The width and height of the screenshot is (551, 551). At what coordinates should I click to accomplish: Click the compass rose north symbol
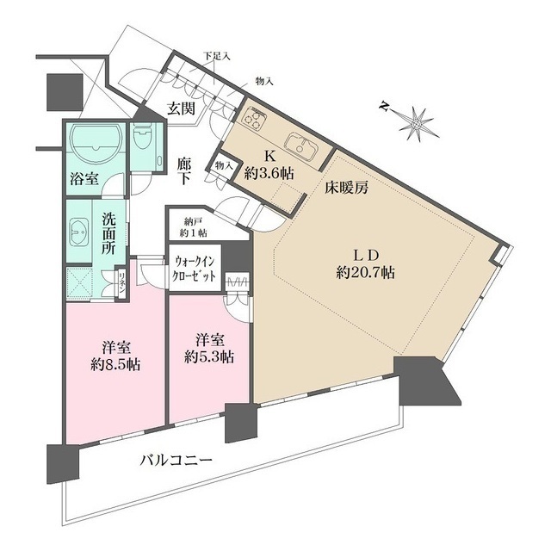pyautogui.click(x=415, y=121)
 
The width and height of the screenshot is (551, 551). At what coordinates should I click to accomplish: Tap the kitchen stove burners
pyautogui.click(x=256, y=121)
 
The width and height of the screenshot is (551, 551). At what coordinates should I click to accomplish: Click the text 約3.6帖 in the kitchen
pyautogui.click(x=269, y=174)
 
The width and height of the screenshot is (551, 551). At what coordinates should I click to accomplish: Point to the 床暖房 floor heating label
pyautogui.click(x=347, y=189)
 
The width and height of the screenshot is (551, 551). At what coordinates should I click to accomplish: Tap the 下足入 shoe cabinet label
pyautogui.click(x=215, y=56)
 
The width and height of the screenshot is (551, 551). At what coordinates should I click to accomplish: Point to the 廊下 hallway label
pyautogui.click(x=184, y=168)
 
